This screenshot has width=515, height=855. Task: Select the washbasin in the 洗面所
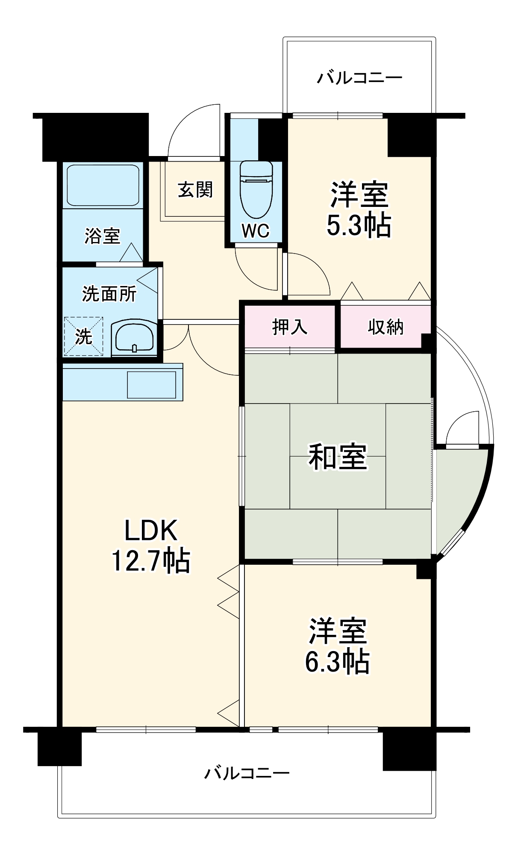click(134, 337)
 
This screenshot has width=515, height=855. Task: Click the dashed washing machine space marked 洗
click(83, 336)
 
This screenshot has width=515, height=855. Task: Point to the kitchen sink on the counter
click(151, 385)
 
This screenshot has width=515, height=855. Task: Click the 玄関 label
click(195, 189)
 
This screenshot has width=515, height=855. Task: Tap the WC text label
click(256, 231)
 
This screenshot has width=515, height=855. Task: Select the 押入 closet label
click(290, 327)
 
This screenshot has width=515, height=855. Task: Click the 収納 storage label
click(386, 327)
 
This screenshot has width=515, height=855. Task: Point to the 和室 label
click(338, 457)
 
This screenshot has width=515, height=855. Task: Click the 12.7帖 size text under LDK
click(150, 560)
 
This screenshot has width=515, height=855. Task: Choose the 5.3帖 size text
click(359, 225)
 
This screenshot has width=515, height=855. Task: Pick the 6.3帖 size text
click(337, 661)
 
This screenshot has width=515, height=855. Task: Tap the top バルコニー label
click(359, 78)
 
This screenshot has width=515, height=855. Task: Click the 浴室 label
click(102, 236)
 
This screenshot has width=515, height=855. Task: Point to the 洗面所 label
click(109, 294)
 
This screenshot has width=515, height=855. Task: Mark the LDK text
click(150, 531)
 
